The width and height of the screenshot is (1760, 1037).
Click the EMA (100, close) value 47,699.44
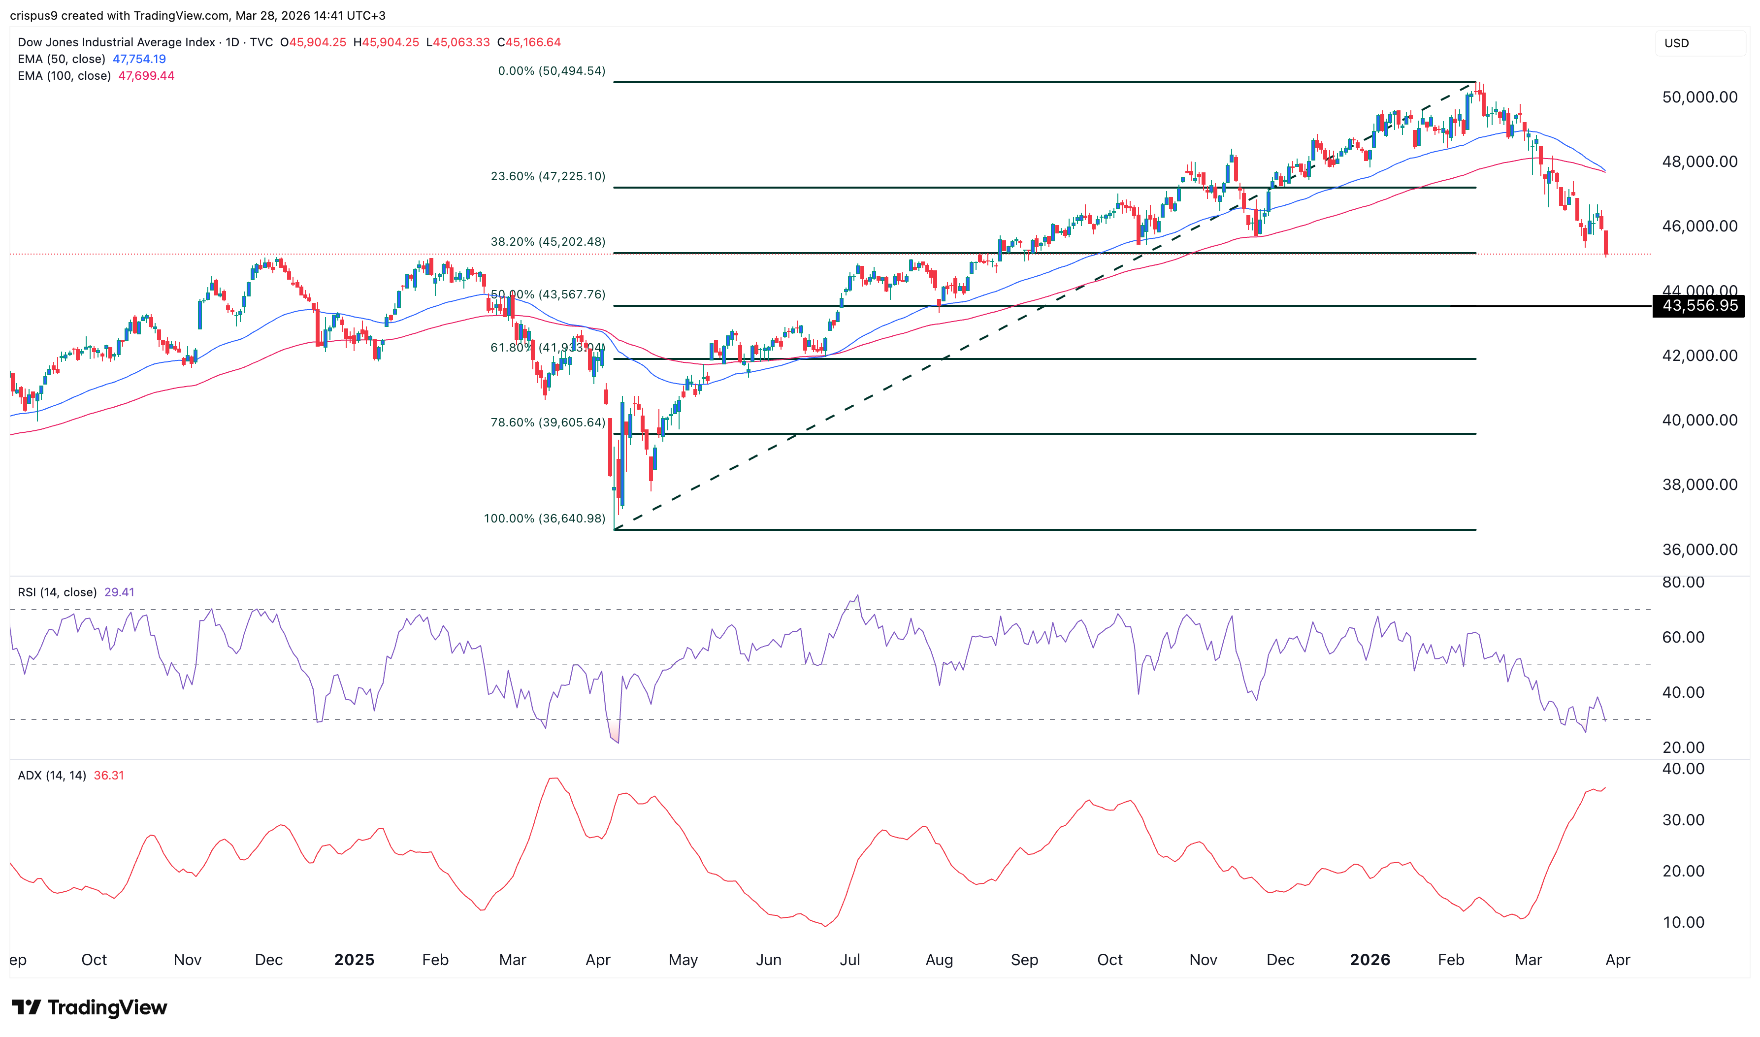[x=146, y=75]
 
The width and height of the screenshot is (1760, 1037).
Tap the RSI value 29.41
[x=119, y=592]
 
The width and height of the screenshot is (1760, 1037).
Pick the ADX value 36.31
[x=108, y=775]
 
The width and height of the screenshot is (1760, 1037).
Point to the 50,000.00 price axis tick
[x=1699, y=97]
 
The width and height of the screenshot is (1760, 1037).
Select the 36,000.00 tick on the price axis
[x=1699, y=549]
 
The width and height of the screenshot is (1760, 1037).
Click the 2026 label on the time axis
[x=1369, y=959]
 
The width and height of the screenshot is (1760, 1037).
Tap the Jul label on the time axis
[x=849, y=959]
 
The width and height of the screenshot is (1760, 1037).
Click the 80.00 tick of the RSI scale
[x=1683, y=582]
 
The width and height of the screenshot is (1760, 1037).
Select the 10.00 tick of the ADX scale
[x=1683, y=922]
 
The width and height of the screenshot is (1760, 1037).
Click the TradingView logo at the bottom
[x=90, y=1007]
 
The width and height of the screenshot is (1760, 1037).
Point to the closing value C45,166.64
[x=529, y=42]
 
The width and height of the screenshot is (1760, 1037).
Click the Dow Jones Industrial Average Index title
[x=116, y=42]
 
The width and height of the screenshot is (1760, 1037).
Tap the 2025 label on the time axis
[x=354, y=959]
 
